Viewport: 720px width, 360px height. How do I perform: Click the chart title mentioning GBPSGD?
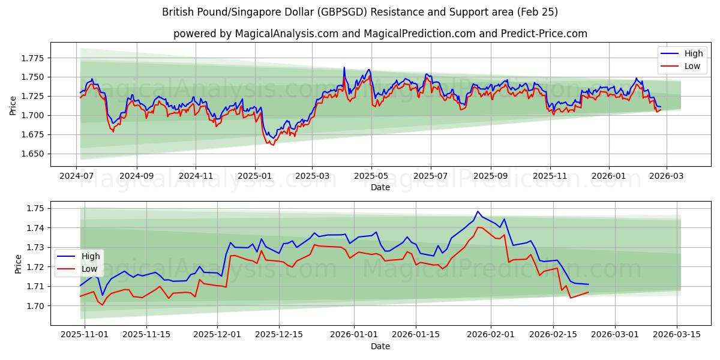point(360,12)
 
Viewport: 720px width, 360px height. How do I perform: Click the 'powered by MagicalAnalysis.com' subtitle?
point(380,34)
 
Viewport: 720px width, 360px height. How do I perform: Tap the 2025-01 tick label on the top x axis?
point(255,176)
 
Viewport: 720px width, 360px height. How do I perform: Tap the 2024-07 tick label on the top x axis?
point(77,176)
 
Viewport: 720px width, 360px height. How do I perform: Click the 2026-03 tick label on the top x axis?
point(665,176)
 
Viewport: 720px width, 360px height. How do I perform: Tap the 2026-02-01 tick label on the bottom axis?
point(491,334)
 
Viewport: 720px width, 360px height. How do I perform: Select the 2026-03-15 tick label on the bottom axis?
point(677,334)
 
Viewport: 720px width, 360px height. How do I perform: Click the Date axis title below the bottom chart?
point(380,346)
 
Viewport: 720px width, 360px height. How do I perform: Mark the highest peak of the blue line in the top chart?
point(344,67)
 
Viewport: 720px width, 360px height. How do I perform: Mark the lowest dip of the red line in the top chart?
point(273,145)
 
